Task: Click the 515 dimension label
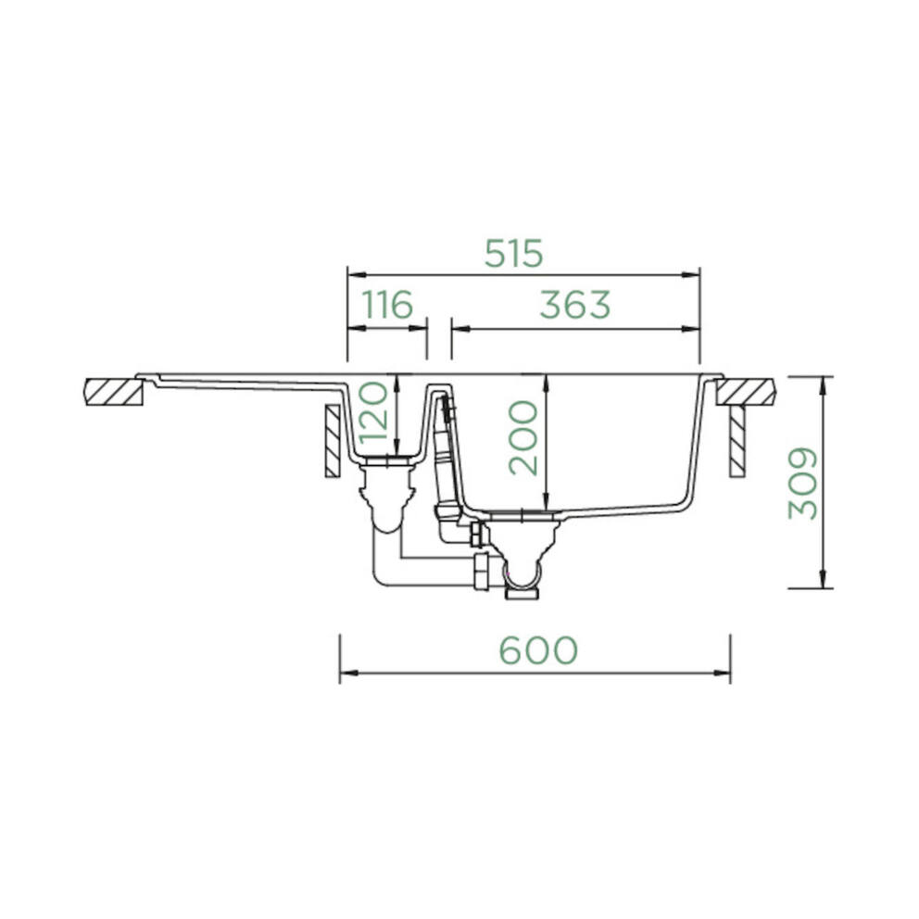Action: pos(514,254)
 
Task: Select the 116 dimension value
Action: pos(387,304)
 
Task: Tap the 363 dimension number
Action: pos(575,305)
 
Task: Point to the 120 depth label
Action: pos(373,411)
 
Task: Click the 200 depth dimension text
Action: pos(522,437)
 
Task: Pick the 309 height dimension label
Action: pos(802,484)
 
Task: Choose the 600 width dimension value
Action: pos(538,650)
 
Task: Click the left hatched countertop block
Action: pos(114,392)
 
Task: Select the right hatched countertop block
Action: pos(746,392)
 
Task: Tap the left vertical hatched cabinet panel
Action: pos(333,441)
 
